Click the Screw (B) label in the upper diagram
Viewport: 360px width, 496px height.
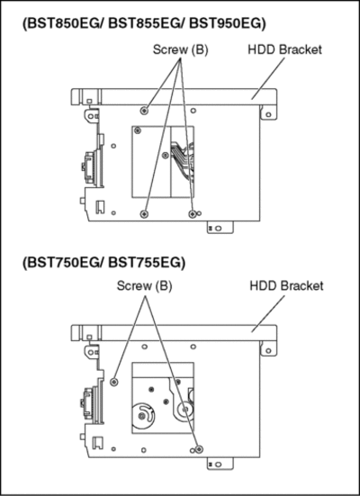pyautogui.click(x=180, y=50)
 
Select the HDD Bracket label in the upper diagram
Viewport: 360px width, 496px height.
pyautogui.click(x=284, y=50)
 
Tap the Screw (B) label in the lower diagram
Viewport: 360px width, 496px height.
pyautogui.click(x=144, y=286)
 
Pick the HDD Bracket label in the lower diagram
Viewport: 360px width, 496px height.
pyautogui.click(x=286, y=286)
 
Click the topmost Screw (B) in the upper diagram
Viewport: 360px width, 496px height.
pyautogui.click(x=144, y=111)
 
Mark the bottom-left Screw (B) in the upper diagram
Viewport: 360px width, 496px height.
pyautogui.click(x=144, y=214)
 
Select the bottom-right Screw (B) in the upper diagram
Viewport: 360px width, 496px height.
pyautogui.click(x=193, y=214)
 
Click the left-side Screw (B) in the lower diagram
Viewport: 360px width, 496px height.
pyautogui.click(x=114, y=382)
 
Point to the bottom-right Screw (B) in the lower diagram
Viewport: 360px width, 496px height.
pyautogui.click(x=199, y=449)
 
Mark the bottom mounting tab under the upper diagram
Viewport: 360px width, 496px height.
pyautogui.click(x=220, y=228)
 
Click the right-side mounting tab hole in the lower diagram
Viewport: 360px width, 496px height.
pyautogui.click(x=268, y=350)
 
